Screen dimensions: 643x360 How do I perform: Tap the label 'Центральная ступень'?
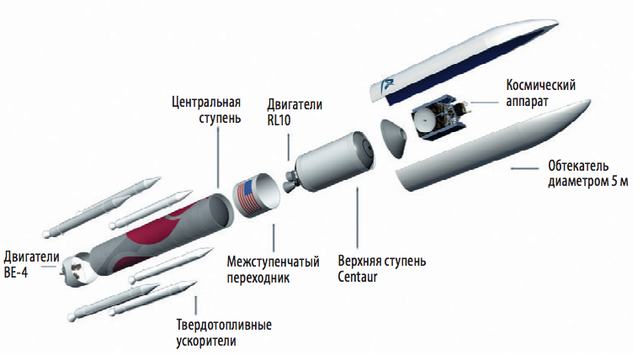coord(206,110)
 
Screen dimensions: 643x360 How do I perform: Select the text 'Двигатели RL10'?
coord(295,112)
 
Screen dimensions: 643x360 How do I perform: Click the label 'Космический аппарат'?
coord(540,93)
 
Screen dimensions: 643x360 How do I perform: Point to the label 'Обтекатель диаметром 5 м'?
coord(588,173)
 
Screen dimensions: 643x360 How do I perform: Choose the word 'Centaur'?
coord(357,277)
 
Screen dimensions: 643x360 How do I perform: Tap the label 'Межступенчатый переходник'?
coord(274,269)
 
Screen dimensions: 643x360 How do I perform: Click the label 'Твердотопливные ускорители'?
coord(224,333)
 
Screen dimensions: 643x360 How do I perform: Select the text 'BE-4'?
coord(16,273)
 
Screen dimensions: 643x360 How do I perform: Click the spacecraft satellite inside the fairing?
coord(439,116)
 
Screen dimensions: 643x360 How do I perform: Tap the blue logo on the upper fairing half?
coord(385,85)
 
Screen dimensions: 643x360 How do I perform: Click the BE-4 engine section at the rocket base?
coord(78,270)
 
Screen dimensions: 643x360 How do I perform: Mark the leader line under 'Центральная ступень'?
coord(218,158)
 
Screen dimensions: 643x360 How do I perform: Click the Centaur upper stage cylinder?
coord(335,161)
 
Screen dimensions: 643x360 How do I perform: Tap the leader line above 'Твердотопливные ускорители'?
coord(195,305)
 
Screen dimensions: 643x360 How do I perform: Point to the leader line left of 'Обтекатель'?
coord(524,168)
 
